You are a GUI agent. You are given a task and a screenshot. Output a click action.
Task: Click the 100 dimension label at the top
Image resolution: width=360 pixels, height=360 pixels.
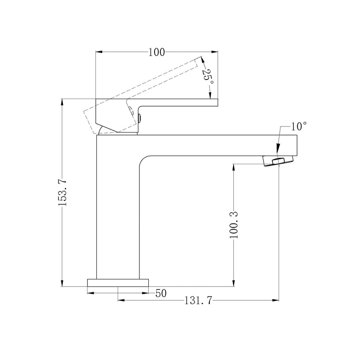pos(157,52)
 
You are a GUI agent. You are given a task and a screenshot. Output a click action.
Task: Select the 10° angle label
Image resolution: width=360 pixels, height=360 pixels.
pos(299,126)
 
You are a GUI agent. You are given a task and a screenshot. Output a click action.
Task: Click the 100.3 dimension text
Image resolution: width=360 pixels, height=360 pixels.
pos(234,225)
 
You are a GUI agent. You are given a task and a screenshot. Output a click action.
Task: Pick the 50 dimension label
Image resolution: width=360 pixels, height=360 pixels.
pos(161,293)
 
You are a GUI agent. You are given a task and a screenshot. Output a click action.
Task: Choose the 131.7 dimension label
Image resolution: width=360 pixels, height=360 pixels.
pos(199,300)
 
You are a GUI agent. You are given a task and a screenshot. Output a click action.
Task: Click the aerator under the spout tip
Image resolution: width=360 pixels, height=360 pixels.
pos(278,161)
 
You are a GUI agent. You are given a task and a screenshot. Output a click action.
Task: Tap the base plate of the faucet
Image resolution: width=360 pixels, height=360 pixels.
pos(118,283)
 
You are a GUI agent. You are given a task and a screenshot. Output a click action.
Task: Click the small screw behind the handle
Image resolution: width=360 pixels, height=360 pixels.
pos(140,118)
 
